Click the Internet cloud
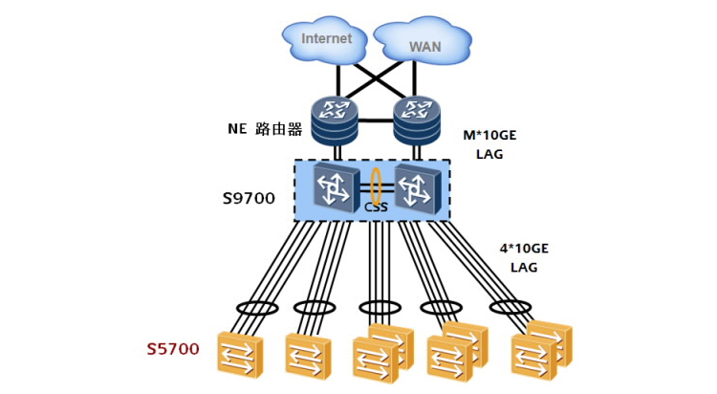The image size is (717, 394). tap(326, 40)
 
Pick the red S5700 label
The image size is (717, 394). tap(173, 349)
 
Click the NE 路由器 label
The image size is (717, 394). tap(265, 129)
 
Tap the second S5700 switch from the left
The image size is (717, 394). tap(308, 356)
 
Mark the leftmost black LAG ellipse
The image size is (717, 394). tap(256, 308)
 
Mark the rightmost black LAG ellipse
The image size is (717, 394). tap(510, 308)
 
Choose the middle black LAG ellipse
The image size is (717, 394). tap(380, 308)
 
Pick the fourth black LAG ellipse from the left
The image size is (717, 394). tap(443, 308)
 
